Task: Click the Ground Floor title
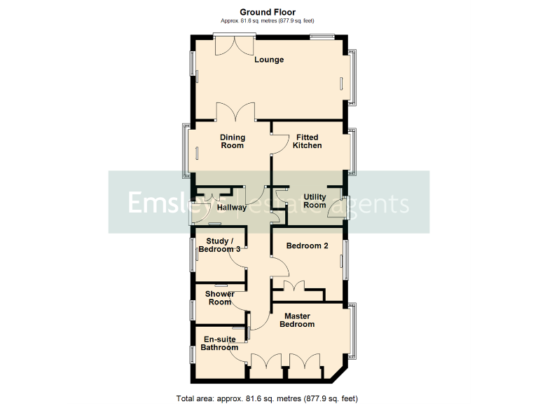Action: [x=268, y=12]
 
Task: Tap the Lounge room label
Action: [x=269, y=60]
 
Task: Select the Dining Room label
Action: [x=232, y=141]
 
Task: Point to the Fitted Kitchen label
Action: [x=308, y=141]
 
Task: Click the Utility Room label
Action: [x=315, y=201]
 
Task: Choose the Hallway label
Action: [x=231, y=208]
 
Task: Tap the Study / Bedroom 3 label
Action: [x=219, y=245]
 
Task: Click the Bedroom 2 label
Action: [x=308, y=245]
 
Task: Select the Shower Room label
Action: [x=220, y=298]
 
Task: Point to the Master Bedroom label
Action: [x=297, y=320]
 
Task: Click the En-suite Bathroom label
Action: [x=219, y=343]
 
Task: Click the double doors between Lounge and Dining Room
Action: [x=230, y=113]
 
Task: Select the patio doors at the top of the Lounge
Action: [x=234, y=44]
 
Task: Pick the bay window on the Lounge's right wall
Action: [x=354, y=76]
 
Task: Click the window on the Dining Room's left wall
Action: [x=186, y=149]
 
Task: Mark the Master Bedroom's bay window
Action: [x=354, y=330]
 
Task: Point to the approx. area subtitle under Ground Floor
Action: [x=268, y=21]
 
